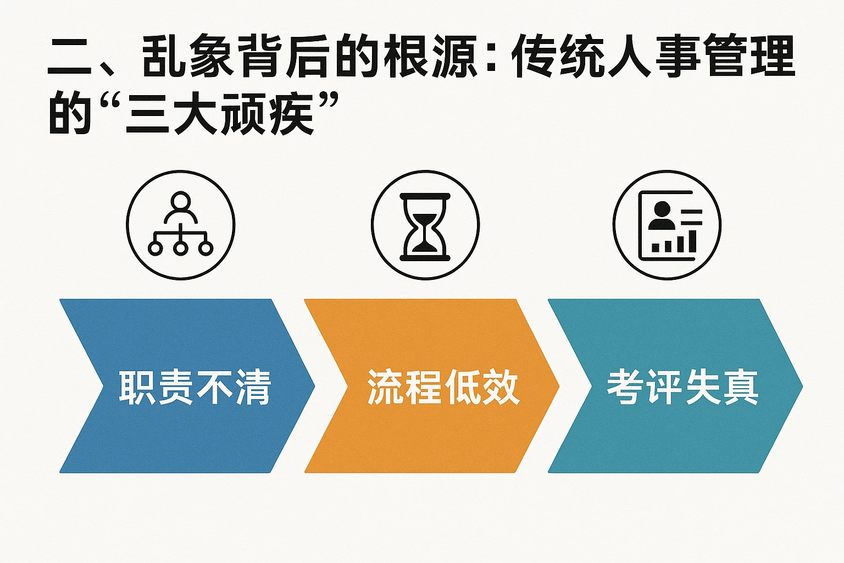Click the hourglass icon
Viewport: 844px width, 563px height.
[425, 225]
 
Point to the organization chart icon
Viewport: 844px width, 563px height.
[180, 225]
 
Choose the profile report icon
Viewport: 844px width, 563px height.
[667, 225]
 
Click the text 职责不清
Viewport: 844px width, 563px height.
[195, 387]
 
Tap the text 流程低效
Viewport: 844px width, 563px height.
[443, 387]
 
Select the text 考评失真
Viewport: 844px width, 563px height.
[682, 387]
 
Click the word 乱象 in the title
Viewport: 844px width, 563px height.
[189, 56]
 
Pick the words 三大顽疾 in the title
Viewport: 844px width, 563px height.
[220, 114]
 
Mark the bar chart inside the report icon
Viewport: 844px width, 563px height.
[674, 242]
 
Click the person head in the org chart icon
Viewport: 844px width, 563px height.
[180, 201]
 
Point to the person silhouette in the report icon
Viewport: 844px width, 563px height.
[661, 216]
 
